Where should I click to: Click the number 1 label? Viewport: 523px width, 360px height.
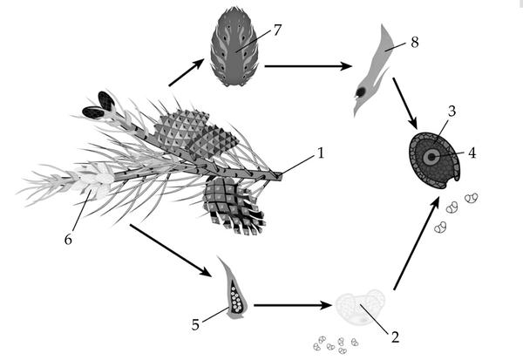click(x=320, y=153)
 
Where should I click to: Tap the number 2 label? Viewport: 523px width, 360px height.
click(x=395, y=337)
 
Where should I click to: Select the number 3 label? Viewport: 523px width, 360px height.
click(x=452, y=111)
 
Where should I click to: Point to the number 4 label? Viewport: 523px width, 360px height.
click(x=472, y=153)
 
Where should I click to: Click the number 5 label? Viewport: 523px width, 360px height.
click(x=195, y=324)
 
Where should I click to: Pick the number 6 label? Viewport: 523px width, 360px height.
click(x=68, y=239)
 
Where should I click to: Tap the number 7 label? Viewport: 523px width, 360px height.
click(x=277, y=30)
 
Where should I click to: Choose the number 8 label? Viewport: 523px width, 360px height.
click(x=415, y=43)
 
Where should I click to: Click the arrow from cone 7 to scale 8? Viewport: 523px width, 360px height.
click(x=309, y=66)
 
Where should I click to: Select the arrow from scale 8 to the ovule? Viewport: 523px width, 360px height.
click(x=405, y=103)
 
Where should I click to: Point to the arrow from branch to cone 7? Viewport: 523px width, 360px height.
click(x=187, y=72)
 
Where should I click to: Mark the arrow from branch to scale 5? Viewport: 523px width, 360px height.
click(x=171, y=250)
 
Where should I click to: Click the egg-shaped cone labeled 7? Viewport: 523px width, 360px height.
click(x=234, y=46)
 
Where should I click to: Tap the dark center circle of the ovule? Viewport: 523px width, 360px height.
click(x=432, y=157)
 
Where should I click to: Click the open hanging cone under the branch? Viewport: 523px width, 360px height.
click(x=234, y=205)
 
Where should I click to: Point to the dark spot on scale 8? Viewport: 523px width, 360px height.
click(x=361, y=92)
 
